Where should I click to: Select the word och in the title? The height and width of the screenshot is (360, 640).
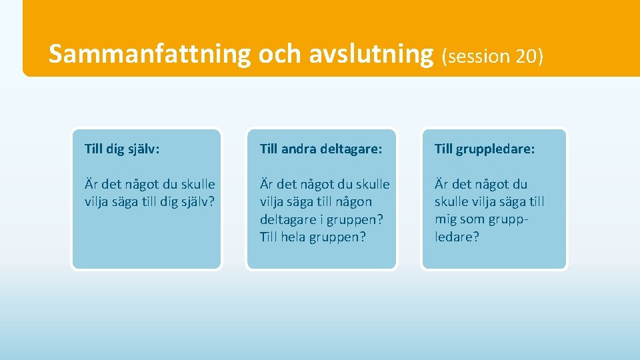279,55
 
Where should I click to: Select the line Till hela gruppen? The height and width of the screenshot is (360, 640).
313,237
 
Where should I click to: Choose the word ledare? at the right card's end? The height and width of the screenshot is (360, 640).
457,237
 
